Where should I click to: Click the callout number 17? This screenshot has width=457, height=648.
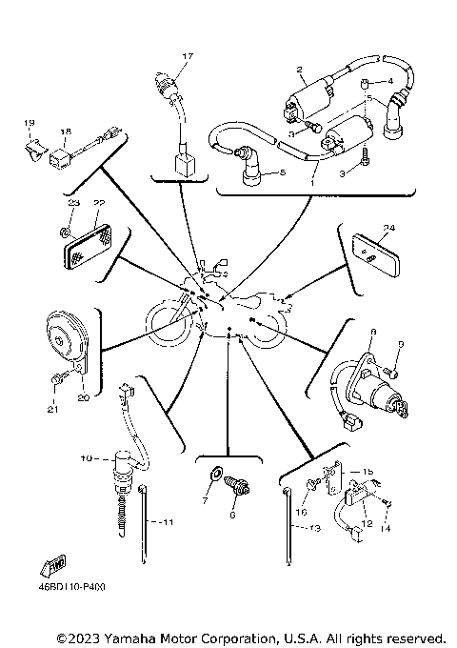click(188, 57)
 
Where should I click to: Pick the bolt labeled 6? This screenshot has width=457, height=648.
click(238, 488)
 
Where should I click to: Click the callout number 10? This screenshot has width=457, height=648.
click(86, 459)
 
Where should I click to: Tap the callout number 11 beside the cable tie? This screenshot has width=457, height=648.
click(167, 523)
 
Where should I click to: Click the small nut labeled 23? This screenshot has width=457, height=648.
click(62, 230)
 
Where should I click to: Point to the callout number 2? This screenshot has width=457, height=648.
click(299, 70)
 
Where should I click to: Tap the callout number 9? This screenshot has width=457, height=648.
click(400, 345)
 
